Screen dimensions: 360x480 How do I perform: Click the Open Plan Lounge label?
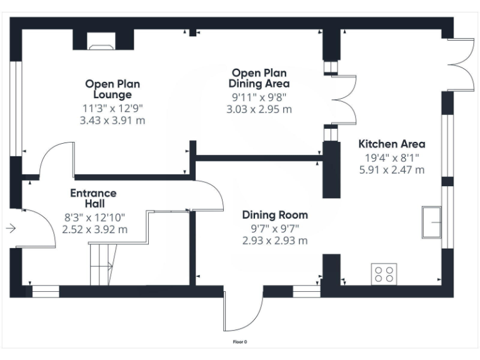[112, 89]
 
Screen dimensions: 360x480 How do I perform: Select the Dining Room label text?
[275, 215]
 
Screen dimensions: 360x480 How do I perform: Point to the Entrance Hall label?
[93, 198]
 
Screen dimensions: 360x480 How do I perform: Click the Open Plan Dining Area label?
[259, 78]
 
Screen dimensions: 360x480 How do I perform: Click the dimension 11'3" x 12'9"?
[112, 108]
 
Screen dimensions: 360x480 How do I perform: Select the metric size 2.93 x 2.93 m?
[275, 241]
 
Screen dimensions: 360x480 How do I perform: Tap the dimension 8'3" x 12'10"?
[94, 217]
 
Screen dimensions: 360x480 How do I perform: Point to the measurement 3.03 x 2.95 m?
[259, 109]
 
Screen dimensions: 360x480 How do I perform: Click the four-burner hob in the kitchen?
[384, 273]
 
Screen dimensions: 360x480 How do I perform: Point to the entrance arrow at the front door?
[10, 229]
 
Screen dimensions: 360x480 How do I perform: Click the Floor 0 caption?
[240, 342]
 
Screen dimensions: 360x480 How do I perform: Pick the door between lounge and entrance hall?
[56, 159]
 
